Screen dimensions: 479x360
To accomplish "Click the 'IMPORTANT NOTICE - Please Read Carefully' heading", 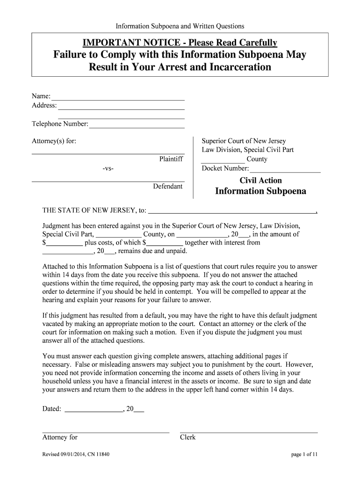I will coord(180,43).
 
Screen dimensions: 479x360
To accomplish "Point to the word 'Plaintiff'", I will coord(171,159).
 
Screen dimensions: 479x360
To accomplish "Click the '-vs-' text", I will coord(108,168).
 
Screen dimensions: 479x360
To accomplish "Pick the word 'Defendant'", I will coord(168,186).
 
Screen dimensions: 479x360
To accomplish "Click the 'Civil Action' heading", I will coord(260,181).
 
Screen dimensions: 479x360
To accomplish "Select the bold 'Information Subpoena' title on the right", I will coord(260,191).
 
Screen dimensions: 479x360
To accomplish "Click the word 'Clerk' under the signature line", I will coord(187,437).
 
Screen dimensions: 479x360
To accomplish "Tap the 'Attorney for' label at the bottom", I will coord(60,437).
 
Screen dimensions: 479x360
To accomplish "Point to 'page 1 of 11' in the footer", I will coord(304,454).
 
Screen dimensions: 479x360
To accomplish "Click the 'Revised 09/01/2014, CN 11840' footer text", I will coord(76,454).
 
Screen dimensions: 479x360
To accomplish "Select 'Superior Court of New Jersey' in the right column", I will coord(244,141).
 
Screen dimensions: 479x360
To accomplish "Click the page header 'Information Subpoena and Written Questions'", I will coord(180,26).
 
